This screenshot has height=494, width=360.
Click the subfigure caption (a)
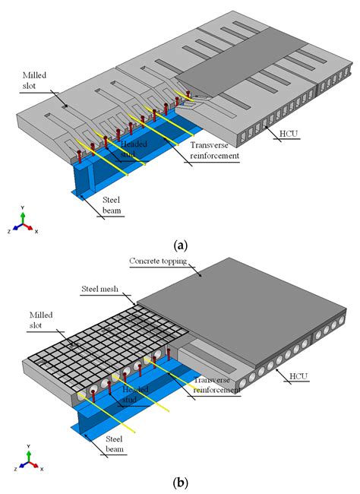click(x=180, y=245)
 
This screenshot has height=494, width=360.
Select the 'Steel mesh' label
click(x=107, y=290)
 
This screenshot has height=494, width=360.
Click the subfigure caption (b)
click(x=180, y=481)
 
